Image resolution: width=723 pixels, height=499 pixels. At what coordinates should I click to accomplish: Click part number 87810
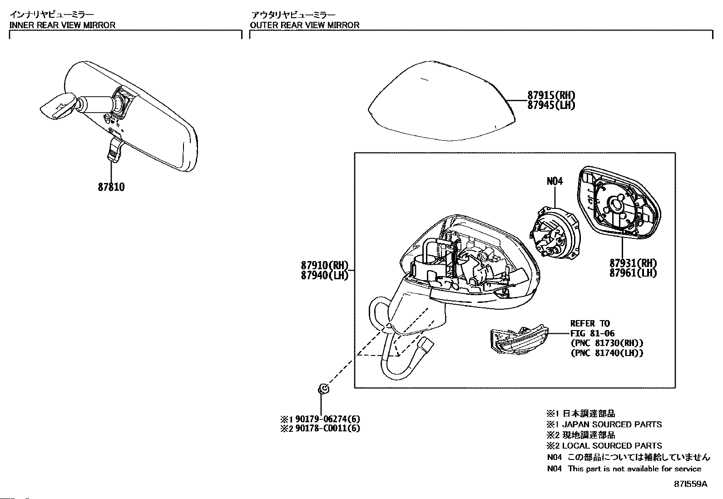111,187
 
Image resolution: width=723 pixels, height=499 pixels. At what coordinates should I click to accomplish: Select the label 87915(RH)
551,95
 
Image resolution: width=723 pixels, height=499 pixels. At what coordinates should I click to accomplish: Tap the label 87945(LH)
551,105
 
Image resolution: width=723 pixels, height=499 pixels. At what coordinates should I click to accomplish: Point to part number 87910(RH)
324,265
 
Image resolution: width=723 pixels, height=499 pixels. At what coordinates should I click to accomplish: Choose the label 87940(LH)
324,275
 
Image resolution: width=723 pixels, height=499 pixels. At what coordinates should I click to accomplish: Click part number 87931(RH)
633,263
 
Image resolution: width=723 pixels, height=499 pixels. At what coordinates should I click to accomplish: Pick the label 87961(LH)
633,272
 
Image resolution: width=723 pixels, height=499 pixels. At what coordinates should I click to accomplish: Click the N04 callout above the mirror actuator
554,181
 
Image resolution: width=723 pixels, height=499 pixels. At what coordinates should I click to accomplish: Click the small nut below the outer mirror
323,389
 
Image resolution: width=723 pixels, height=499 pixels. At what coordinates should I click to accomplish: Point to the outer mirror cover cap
441,100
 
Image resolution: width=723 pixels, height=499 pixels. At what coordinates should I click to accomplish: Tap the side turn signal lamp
518,341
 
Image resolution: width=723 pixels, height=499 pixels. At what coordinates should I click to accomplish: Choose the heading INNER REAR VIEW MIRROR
62,25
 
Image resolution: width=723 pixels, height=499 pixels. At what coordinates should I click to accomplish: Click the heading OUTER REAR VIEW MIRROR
304,25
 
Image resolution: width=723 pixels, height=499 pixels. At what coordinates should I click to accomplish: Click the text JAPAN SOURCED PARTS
612,425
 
